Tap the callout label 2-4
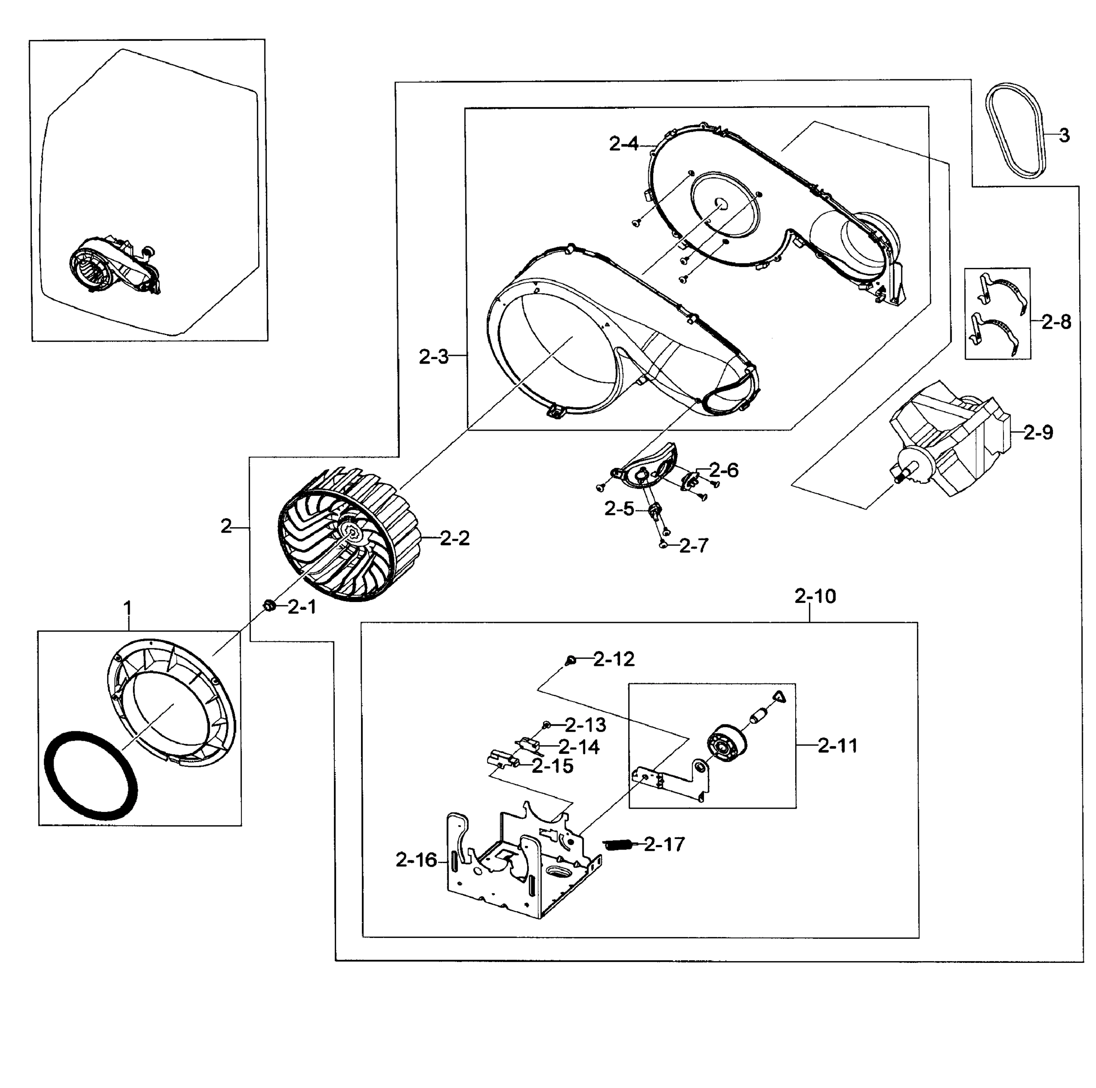[623, 144]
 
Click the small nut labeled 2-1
[269, 607]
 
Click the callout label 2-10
[815, 597]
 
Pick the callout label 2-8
[1056, 323]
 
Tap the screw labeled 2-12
[571, 660]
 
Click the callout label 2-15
[553, 767]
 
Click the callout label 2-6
[724, 470]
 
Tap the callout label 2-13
[586, 725]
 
